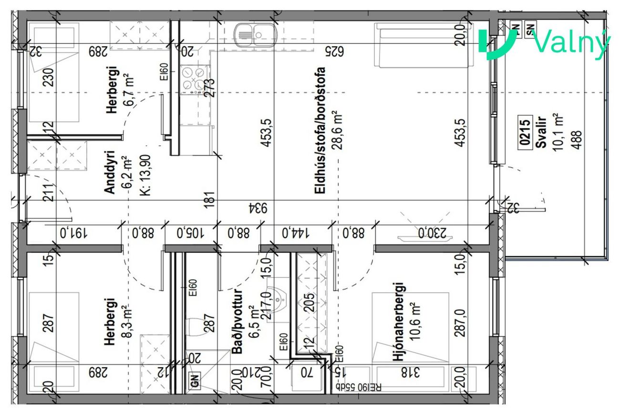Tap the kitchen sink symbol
255,35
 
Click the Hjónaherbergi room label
399,322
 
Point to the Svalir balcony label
541,132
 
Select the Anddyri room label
109,171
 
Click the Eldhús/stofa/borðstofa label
320,130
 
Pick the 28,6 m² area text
338,130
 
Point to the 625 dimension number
334,51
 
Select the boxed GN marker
195,381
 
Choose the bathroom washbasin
278,299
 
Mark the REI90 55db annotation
359,387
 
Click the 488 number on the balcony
577,140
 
